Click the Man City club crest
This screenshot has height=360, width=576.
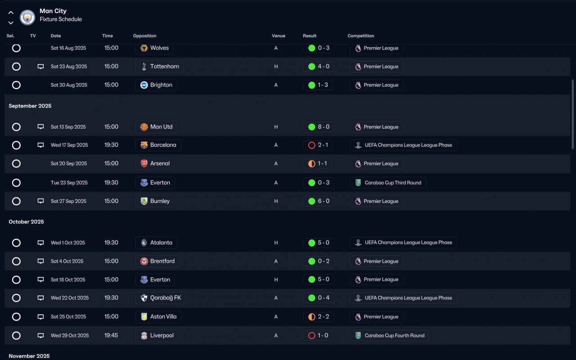tap(27, 18)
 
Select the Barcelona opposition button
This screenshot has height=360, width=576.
tap(158, 145)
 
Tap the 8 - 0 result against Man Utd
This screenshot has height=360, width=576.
tap(319, 127)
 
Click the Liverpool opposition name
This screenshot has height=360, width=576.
tap(162, 336)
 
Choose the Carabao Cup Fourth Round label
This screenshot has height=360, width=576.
tap(390, 336)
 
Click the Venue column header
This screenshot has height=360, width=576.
tap(279, 36)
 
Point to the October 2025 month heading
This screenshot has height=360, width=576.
tap(26, 222)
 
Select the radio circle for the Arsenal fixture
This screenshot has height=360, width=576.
tap(16, 164)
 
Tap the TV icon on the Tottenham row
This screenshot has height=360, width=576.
tap(40, 67)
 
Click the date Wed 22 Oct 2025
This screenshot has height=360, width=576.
tap(70, 298)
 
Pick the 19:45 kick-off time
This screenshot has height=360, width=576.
tap(111, 336)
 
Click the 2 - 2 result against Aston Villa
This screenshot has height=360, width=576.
tap(319, 317)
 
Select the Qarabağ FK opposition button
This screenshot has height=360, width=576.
tap(161, 298)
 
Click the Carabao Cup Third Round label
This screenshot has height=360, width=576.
tap(388, 183)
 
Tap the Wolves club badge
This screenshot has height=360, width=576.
tap(144, 48)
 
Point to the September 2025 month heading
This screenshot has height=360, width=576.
tap(30, 106)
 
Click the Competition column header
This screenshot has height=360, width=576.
tap(361, 36)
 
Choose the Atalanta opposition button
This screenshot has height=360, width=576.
tap(156, 243)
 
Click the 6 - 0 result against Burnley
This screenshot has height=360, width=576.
tap(319, 201)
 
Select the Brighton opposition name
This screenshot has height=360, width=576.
tap(161, 85)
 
